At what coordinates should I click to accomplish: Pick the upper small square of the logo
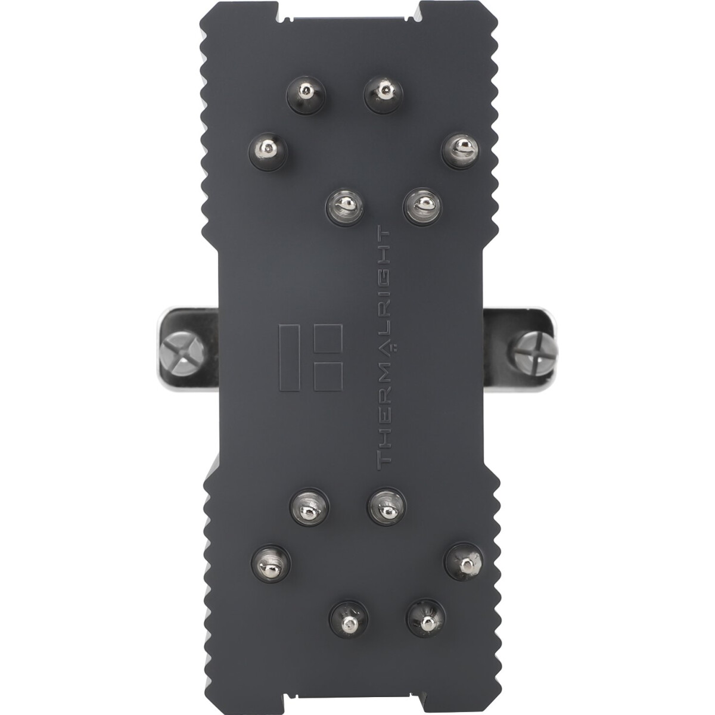coord(328,340)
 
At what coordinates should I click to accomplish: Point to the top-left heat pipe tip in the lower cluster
coord(307,506)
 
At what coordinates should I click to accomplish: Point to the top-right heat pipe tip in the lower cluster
coord(386,506)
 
